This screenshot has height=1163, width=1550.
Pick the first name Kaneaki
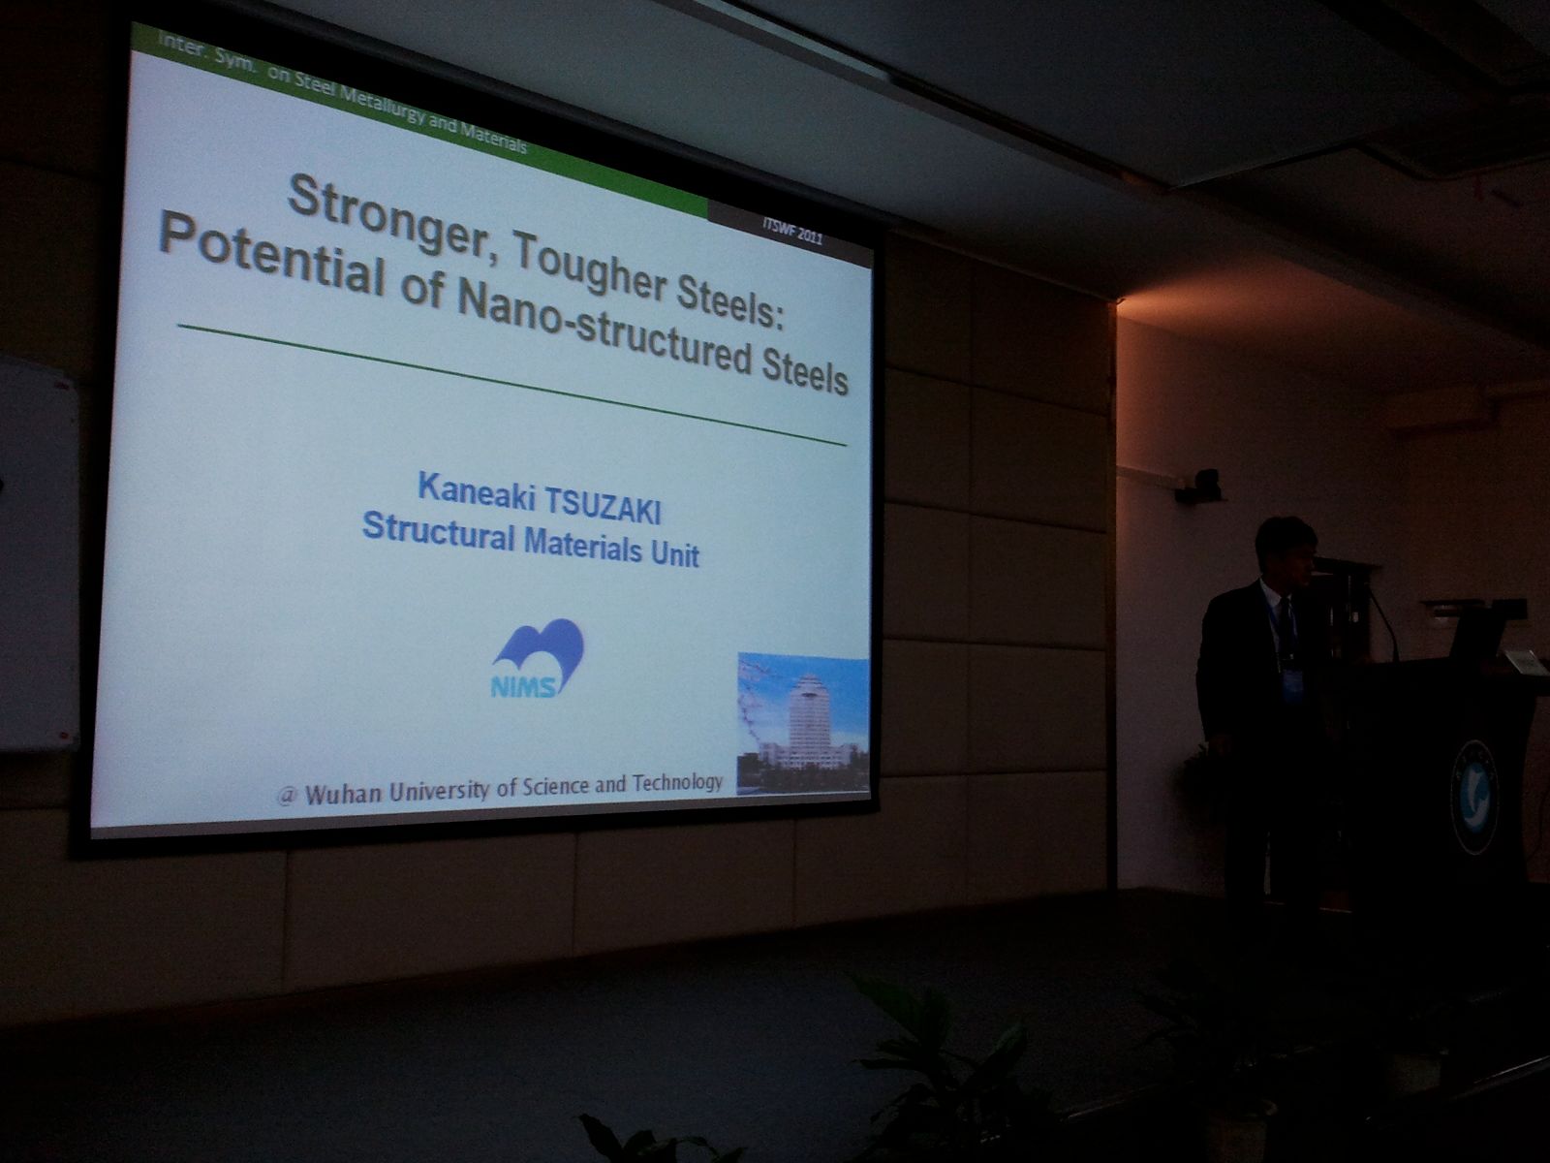(476, 489)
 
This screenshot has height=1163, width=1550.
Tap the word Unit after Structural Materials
(674, 551)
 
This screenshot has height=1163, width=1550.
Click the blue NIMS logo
(538, 658)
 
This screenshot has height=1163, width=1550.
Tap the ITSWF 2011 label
(792, 231)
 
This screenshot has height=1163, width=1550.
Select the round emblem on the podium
(1474, 796)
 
